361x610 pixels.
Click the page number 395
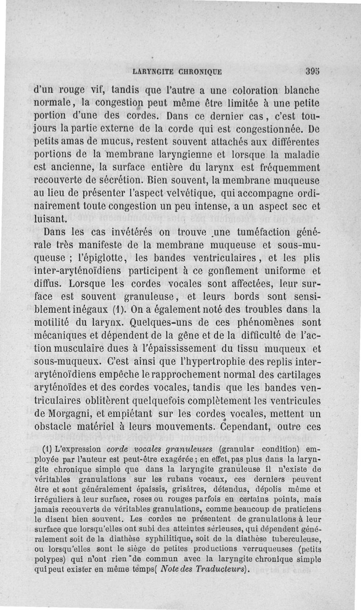click(312, 71)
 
